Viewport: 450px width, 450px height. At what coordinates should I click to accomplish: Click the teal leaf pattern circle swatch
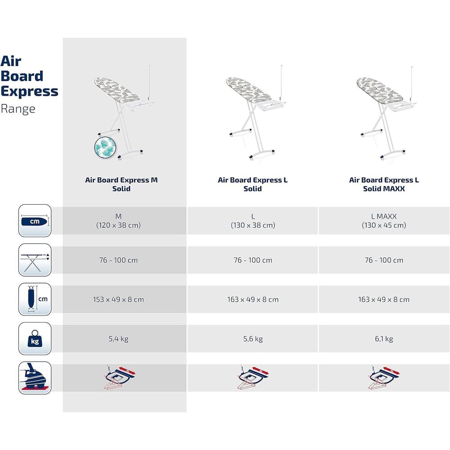pyautogui.click(x=105, y=148)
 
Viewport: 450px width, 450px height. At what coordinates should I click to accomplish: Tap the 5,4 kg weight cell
pyautogui.click(x=118, y=339)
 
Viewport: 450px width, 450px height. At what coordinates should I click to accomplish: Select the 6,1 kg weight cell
pyautogui.click(x=384, y=339)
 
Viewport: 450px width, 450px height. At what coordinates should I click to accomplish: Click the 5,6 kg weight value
pyautogui.click(x=253, y=339)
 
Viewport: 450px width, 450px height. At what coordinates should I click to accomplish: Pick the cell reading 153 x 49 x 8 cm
pyautogui.click(x=118, y=299)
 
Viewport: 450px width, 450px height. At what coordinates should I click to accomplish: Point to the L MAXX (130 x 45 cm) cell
pyautogui.click(x=384, y=220)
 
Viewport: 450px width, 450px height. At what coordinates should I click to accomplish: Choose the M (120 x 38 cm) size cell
pyautogui.click(x=118, y=220)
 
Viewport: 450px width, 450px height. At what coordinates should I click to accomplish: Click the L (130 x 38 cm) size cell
pyautogui.click(x=253, y=220)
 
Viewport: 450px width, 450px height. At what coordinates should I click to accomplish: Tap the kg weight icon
pyautogui.click(x=35, y=339)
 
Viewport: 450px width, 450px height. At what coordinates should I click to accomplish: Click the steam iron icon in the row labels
pyautogui.click(x=35, y=378)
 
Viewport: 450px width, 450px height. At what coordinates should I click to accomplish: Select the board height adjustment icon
pyautogui.click(x=35, y=260)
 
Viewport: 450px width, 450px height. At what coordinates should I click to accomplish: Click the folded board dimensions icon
pyautogui.click(x=35, y=299)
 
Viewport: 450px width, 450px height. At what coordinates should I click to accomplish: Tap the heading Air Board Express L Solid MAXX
pyautogui.click(x=384, y=184)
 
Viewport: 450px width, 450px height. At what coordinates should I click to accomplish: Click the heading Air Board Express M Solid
pyautogui.click(x=121, y=184)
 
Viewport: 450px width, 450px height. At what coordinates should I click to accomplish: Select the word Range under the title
pyautogui.click(x=18, y=109)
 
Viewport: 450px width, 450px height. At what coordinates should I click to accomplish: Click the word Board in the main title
pyautogui.click(x=22, y=76)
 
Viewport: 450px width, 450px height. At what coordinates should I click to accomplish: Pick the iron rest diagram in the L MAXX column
pyautogui.click(x=384, y=377)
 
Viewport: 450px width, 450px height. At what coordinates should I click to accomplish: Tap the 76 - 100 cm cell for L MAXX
pyautogui.click(x=384, y=260)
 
